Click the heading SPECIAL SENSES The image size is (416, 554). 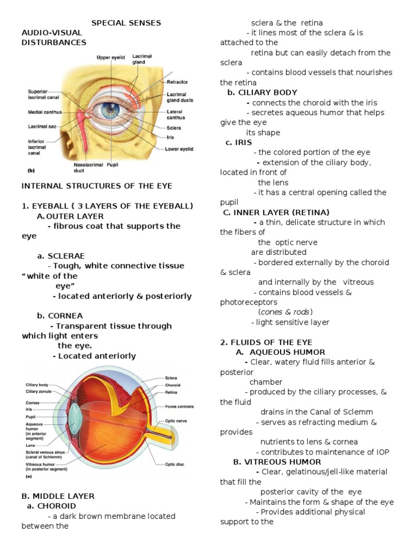point(126,23)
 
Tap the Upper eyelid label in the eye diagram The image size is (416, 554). point(112,57)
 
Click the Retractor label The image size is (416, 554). point(178,82)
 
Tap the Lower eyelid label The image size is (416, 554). point(181,147)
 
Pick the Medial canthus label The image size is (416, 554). point(44,113)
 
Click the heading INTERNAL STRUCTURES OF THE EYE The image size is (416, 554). point(96,186)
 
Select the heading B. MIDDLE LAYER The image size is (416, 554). point(58,496)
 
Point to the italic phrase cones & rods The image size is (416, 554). point(285,312)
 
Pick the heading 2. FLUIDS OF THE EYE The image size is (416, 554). point(266,342)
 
